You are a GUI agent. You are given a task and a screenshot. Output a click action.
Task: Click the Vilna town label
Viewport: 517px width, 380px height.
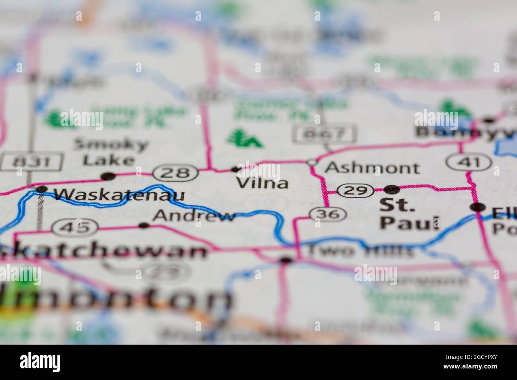[x=262, y=183]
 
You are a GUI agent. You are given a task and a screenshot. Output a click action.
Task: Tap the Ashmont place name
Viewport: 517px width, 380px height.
[x=372, y=168]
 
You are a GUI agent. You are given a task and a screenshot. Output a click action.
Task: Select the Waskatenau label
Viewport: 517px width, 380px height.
[x=119, y=195]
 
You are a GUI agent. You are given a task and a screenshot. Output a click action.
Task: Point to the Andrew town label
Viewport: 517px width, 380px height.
[x=194, y=216]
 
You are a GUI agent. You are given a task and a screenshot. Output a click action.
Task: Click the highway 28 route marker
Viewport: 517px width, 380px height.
[x=176, y=173]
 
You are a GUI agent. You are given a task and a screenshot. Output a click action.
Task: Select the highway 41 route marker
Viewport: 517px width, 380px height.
[x=468, y=162]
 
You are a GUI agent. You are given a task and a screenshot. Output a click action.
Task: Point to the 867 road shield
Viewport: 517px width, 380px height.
[x=325, y=134]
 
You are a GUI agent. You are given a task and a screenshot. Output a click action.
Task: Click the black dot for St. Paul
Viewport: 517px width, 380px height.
[x=391, y=189]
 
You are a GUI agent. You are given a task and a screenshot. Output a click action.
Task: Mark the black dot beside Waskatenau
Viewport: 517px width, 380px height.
[x=41, y=189]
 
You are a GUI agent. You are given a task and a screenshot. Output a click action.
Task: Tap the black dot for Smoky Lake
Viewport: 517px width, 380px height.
[x=108, y=176]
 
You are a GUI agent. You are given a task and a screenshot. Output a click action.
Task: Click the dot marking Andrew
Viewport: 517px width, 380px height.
[x=144, y=225]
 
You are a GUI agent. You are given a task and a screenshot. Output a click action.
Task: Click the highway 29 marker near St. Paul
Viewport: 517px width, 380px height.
[x=355, y=190]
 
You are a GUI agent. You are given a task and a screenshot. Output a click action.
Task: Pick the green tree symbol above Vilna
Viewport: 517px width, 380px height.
[x=245, y=138]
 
